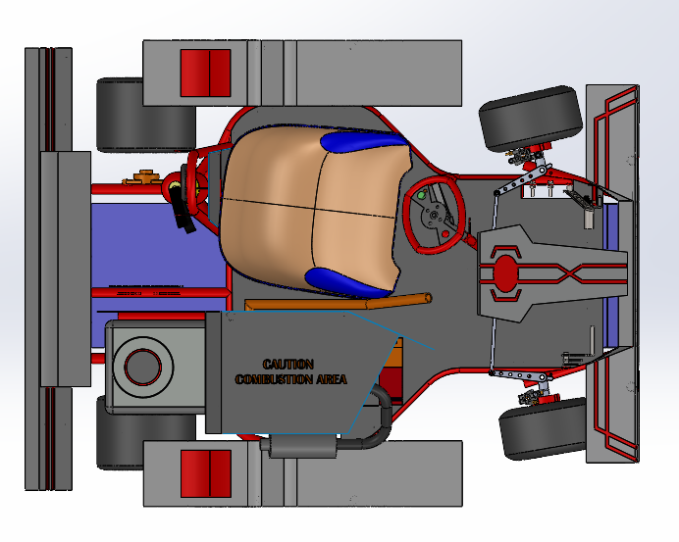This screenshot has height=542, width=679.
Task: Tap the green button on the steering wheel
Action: [421, 195]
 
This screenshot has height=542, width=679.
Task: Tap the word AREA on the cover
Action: [329, 379]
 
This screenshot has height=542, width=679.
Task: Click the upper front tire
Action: [530, 117]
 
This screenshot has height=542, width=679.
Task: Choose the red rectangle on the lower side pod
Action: [206, 473]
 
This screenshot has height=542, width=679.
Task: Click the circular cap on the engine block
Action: [142, 366]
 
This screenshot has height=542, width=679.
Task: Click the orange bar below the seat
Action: [334, 303]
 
